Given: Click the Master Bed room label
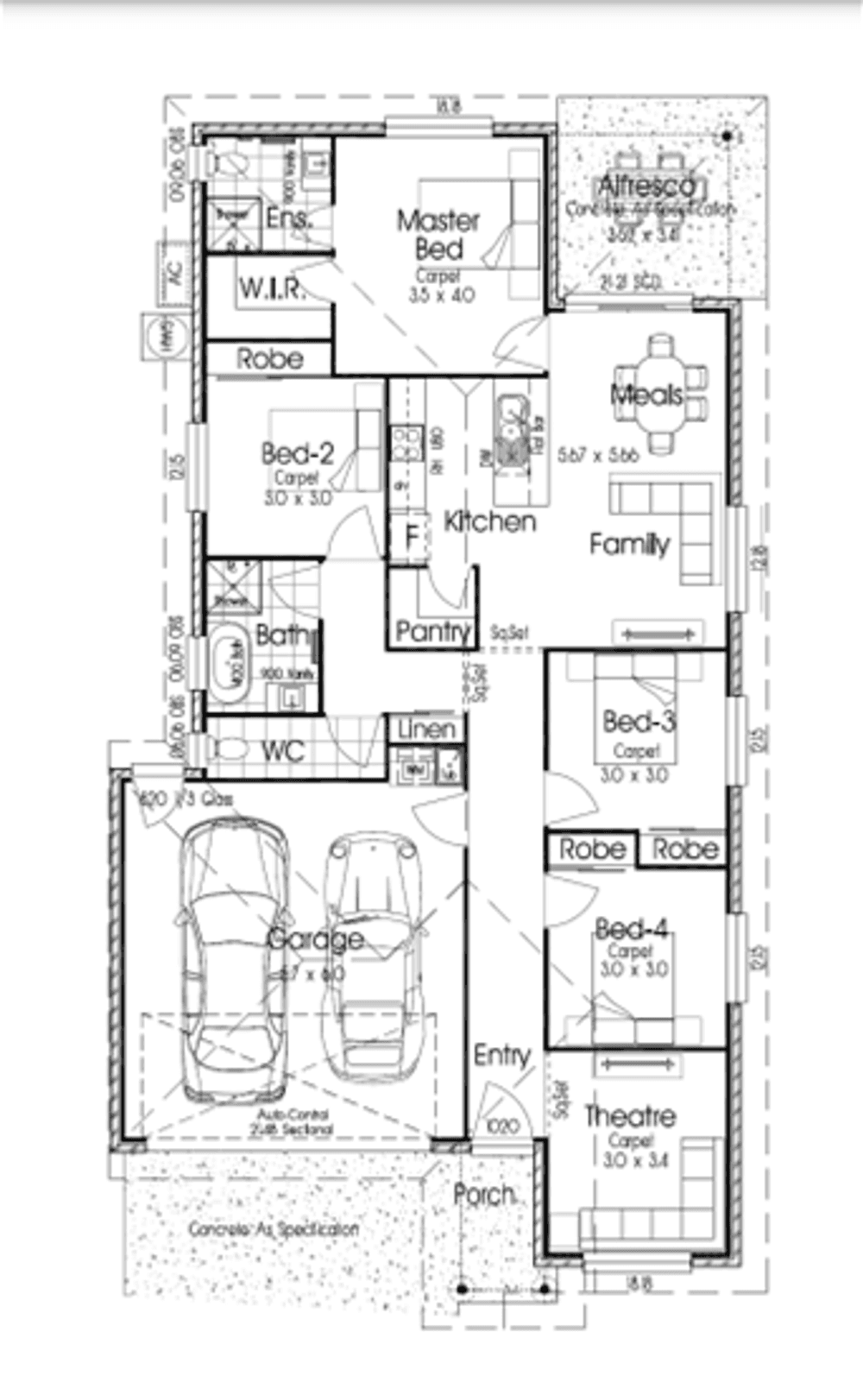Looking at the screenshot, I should [438, 235].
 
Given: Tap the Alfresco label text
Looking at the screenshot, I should [646, 186].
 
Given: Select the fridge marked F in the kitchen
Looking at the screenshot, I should [410, 537].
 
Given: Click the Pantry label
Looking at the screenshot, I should [431, 632].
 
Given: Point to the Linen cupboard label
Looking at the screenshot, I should [426, 729].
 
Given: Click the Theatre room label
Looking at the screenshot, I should [629, 1116].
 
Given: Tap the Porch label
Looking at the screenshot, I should [484, 1195].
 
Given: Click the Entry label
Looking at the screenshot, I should [501, 1055].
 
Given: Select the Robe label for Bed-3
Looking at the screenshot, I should [591, 849].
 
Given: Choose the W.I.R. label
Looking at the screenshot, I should [271, 288].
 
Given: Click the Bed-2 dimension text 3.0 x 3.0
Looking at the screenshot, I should [297, 498].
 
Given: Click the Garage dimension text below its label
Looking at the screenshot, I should [313, 974].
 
